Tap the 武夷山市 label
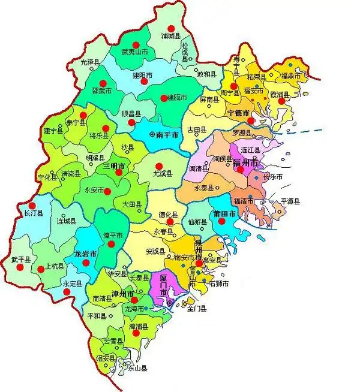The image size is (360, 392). click(135, 53)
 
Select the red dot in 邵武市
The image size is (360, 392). click(103, 83)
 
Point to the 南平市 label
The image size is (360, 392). click(167, 135)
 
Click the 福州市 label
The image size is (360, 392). click(246, 162)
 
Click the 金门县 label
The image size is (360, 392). click(197, 309)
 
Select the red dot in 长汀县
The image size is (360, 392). click(32, 204)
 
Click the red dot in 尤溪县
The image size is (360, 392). click(159, 166)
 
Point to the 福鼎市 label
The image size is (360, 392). click(295, 76)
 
